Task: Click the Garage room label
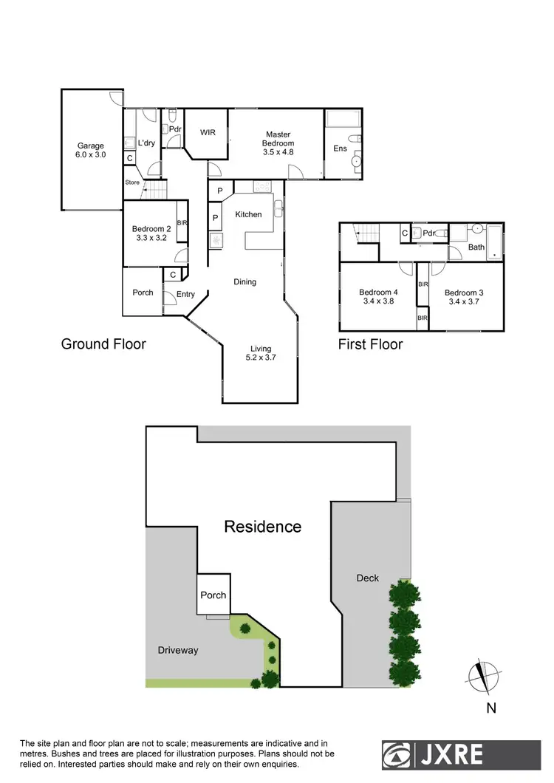tap(92, 146)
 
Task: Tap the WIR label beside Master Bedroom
tap(208, 133)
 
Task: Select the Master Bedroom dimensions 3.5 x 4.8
tap(279, 152)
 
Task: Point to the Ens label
tap(340, 148)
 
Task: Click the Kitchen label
tap(248, 214)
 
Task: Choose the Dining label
tap(245, 281)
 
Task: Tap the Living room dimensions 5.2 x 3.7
tap(261, 358)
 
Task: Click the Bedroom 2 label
tap(151, 229)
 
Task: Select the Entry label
tap(185, 294)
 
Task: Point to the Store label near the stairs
tap(132, 182)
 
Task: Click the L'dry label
tap(146, 143)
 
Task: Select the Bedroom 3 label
tap(465, 293)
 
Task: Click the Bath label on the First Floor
tap(476, 247)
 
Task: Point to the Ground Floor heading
tap(103, 344)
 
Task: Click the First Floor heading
tap(370, 344)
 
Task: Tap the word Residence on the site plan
tap(263, 527)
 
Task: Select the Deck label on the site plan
tap(367, 578)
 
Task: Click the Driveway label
tap(178, 650)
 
